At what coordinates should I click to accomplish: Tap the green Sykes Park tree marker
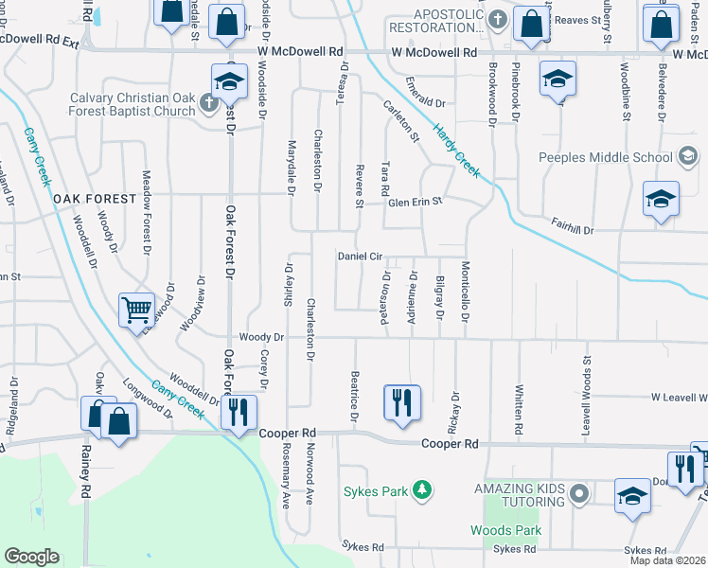[x=423, y=490]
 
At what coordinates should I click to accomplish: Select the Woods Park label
[x=506, y=530]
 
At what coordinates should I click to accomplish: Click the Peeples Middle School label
[x=607, y=157]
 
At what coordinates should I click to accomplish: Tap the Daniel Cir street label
[x=360, y=257]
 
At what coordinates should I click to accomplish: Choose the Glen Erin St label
[x=415, y=202]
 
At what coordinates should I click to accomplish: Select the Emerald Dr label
[x=426, y=98]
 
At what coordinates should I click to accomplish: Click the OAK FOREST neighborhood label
[x=95, y=199]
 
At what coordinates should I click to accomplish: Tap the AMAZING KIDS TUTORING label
[x=519, y=493]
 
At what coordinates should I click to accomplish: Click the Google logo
[x=31, y=557]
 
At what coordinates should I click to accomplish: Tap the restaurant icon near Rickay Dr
[x=401, y=401]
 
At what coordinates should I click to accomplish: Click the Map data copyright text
[x=667, y=560]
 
